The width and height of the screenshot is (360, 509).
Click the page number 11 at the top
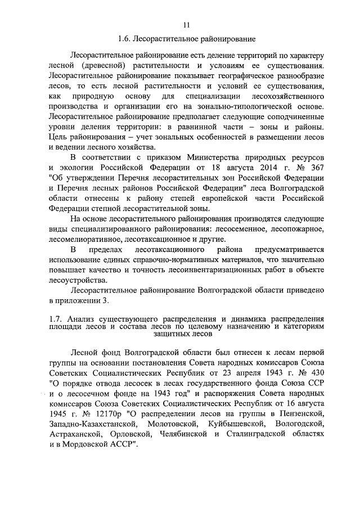click(x=187, y=24)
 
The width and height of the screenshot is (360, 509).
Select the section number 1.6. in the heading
click(x=124, y=39)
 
